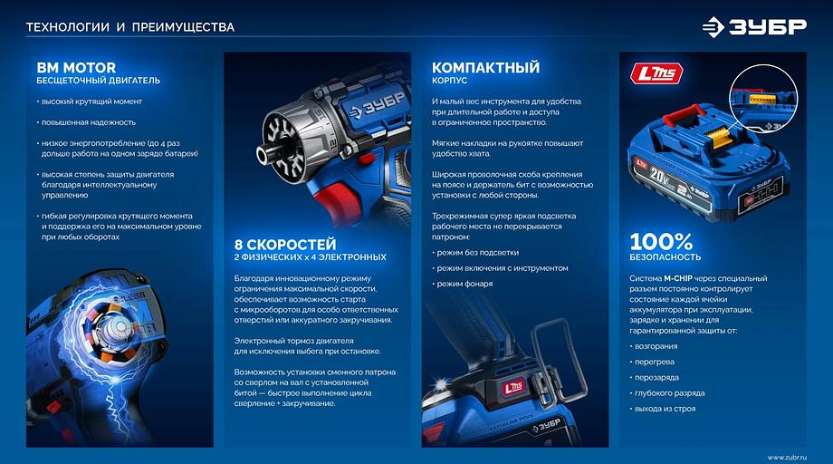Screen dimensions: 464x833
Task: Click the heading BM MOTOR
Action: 76,67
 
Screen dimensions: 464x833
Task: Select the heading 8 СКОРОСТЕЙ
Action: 285,245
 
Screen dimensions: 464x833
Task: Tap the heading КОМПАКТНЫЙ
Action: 485,68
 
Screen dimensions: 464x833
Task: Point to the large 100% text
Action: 661,242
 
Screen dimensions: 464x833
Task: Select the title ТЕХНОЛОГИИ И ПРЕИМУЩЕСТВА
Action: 129,27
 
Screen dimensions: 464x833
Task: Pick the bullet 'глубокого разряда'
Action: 671,392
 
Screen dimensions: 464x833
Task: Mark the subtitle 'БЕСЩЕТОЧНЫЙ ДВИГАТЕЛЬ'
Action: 98,81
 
